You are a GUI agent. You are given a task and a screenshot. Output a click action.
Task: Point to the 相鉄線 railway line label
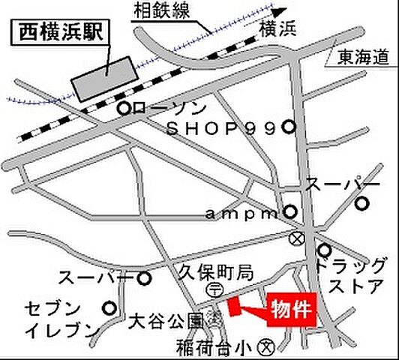(x=162, y=10)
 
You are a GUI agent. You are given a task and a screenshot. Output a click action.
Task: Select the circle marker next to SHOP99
(x=289, y=128)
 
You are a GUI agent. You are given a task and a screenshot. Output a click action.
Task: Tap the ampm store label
(x=241, y=214)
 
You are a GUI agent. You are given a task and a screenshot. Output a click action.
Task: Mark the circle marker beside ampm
(x=289, y=213)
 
